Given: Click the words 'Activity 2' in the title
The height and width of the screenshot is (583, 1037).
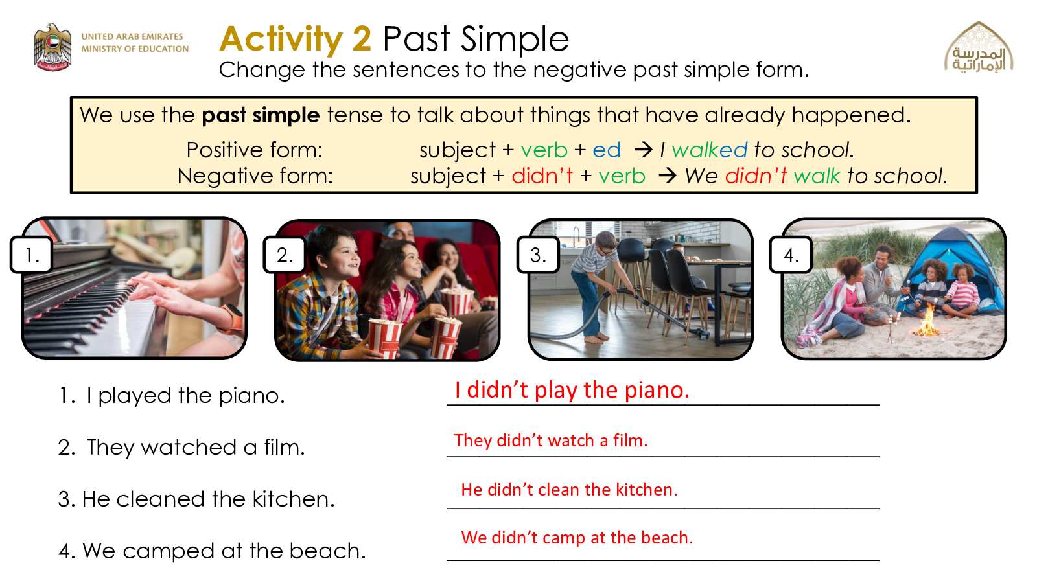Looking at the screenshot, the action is coord(296,40).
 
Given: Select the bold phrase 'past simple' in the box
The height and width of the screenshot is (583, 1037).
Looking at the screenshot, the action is coord(261,115).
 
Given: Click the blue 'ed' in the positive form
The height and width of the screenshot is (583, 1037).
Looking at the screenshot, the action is coord(607,150).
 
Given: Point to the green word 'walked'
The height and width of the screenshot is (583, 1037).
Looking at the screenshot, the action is coord(709,150).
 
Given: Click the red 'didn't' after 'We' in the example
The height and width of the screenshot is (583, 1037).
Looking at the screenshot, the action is coord(756,176).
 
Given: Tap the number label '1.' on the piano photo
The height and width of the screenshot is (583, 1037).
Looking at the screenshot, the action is coord(32,255).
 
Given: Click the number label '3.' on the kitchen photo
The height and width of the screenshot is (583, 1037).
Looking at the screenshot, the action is coord(538,255).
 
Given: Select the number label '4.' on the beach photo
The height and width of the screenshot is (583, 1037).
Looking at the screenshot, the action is coord(791,255).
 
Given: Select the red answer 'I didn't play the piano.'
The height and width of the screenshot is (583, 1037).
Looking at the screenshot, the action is coord(572,390).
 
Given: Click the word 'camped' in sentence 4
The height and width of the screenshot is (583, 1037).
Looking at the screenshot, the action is coord(169,551).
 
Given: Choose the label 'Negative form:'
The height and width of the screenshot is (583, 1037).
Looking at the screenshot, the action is coord(255,176).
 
